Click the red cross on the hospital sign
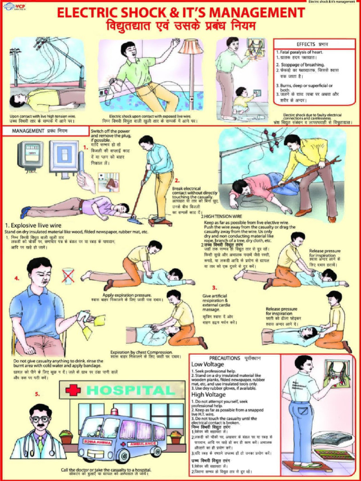pyautogui.click(x=73, y=390)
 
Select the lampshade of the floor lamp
pyautogui.click(x=190, y=47)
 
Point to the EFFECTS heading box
pyautogui.click(x=311, y=44)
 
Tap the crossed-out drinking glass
pyautogui.click(x=68, y=275)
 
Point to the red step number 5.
pyautogui.click(x=37, y=394)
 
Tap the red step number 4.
pyautogui.click(x=17, y=278)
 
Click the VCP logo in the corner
pyautogui.click(x=15, y=6)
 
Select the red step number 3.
pyautogui.click(x=214, y=287)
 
